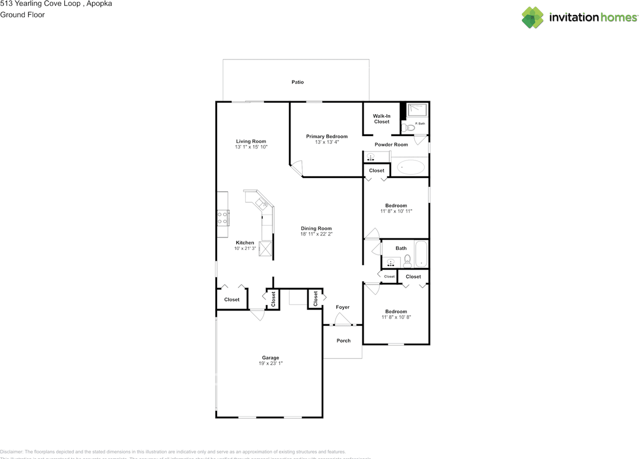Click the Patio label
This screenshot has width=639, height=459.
[298, 82]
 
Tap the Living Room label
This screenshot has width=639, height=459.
[251, 141]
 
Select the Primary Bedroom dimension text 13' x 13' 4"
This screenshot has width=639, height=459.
[327, 142]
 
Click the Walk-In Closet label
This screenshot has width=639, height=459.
[381, 119]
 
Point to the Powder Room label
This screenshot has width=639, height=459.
[391, 144]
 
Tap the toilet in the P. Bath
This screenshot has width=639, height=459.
[409, 128]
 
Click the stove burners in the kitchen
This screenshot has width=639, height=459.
[223, 217]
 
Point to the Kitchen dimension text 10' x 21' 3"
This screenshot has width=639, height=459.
[245, 248]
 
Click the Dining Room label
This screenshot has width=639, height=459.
[316, 228]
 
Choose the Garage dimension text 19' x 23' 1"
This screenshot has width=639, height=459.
[271, 363]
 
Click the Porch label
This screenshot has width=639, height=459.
[343, 340]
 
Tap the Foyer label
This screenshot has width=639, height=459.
[342, 307]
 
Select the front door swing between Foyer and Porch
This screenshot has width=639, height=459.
[342, 319]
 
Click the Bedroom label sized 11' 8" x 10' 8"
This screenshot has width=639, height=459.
[396, 311]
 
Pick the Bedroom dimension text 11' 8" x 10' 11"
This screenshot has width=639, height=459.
[396, 211]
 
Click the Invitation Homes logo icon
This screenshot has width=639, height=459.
[532, 17]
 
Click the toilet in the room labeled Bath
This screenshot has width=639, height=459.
[407, 260]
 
